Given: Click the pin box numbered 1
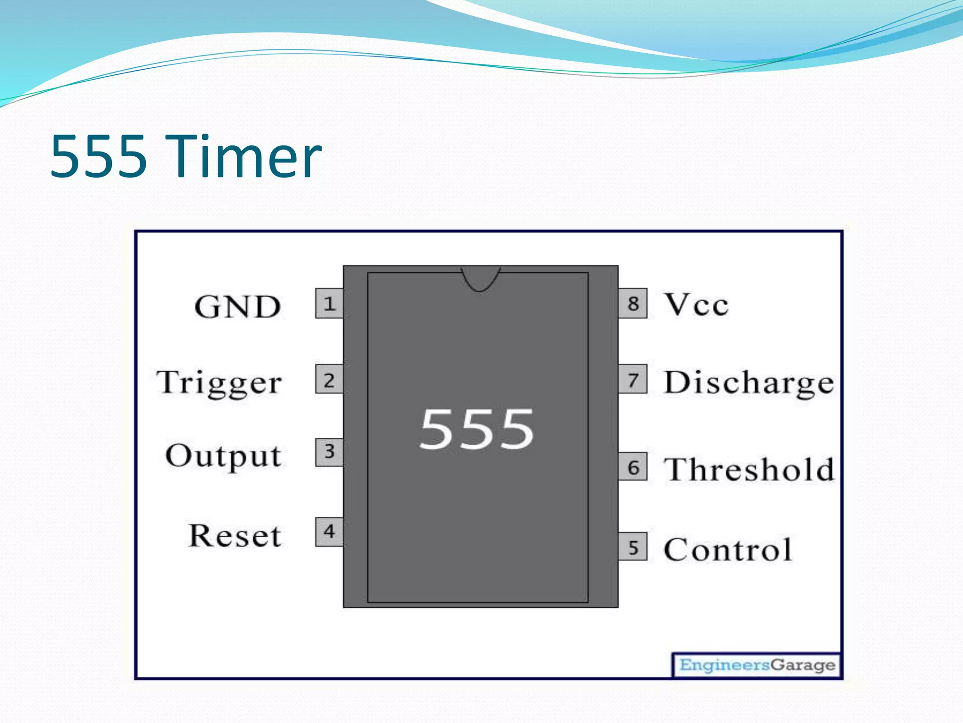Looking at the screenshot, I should tap(329, 304).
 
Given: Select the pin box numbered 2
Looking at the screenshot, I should tap(329, 379).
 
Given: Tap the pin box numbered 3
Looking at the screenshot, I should tap(329, 452).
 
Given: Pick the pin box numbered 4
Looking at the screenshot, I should tap(329, 532).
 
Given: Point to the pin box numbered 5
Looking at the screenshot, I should tap(633, 547).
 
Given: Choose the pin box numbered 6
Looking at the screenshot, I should tap(633, 467).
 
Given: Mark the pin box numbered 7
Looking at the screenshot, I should tap(633, 379).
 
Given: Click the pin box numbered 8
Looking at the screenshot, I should tap(633, 304).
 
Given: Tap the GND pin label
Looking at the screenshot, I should tap(237, 307).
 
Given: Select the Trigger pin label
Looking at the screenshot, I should tap(220, 383).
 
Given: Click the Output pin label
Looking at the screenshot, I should tap(224, 457).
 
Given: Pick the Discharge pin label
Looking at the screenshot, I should tap(749, 383).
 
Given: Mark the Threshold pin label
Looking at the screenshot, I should tap(749, 469).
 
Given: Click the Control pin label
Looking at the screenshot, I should tap(728, 549).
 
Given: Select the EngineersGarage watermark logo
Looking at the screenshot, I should tap(757, 665).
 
